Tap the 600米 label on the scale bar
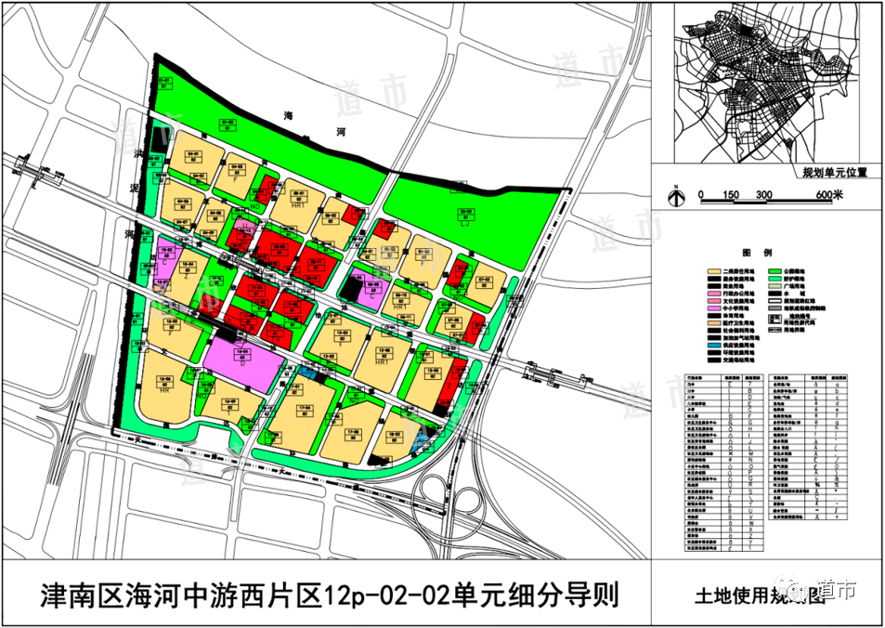click(x=828, y=194)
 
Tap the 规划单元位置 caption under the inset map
click(x=834, y=172)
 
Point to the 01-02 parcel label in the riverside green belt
click(x=227, y=123)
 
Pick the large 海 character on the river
click(x=288, y=117)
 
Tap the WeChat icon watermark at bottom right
click(x=800, y=589)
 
